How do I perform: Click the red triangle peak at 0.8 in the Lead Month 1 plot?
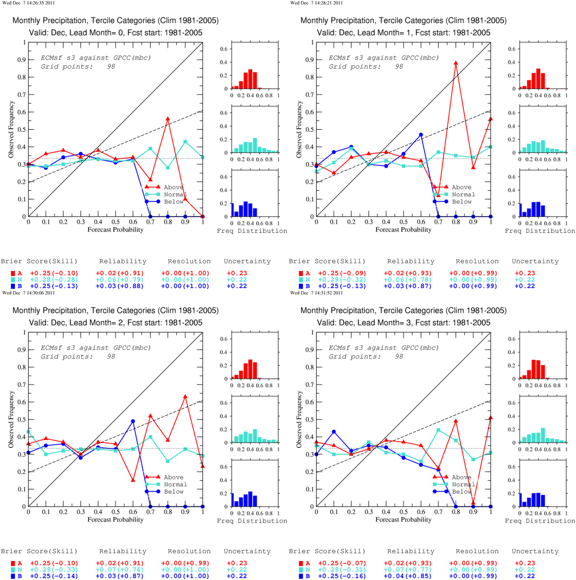coord(456,63)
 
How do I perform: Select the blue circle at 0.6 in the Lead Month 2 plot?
coord(133,421)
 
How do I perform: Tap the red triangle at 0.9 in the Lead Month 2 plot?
coord(185,396)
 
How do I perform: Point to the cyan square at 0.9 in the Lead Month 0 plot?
coord(185,141)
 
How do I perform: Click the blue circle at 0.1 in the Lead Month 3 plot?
coord(334,432)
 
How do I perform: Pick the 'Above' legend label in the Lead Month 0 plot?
coord(173,187)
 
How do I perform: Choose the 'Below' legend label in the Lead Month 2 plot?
coord(173,491)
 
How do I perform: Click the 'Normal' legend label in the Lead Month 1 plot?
coord(464,194)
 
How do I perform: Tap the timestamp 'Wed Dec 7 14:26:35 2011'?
coord(29,3)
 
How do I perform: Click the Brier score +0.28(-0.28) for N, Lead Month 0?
coord(54,280)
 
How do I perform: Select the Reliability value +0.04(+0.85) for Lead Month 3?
coord(407,576)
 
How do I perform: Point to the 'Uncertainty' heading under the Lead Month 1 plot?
coord(535,261)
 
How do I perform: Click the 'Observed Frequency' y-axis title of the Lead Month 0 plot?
coord(11,129)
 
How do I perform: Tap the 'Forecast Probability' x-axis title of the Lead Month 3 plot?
coord(403,519)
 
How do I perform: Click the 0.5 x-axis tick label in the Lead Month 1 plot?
coord(403,222)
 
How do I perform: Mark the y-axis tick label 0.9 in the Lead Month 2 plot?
coord(21,350)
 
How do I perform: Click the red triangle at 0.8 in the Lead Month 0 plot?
coord(168,119)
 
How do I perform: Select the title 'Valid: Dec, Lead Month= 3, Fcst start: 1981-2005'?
coord(403,323)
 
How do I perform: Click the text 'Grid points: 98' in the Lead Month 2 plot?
coord(78,357)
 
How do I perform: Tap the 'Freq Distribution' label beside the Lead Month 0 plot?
coord(252,231)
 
